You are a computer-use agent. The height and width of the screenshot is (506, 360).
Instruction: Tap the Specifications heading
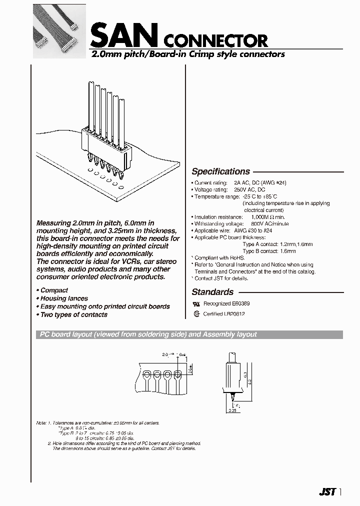[220, 171]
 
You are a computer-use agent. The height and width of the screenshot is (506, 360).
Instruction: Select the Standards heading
[212, 292]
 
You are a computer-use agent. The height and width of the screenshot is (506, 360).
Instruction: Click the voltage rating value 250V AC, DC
[253, 190]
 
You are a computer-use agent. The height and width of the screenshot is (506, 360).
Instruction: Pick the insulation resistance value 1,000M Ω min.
[267, 217]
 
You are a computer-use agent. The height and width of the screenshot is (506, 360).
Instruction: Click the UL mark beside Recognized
[196, 303]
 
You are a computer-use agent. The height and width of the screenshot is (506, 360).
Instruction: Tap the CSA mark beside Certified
[196, 313]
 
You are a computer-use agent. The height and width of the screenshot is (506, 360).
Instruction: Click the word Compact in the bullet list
[54, 290]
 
